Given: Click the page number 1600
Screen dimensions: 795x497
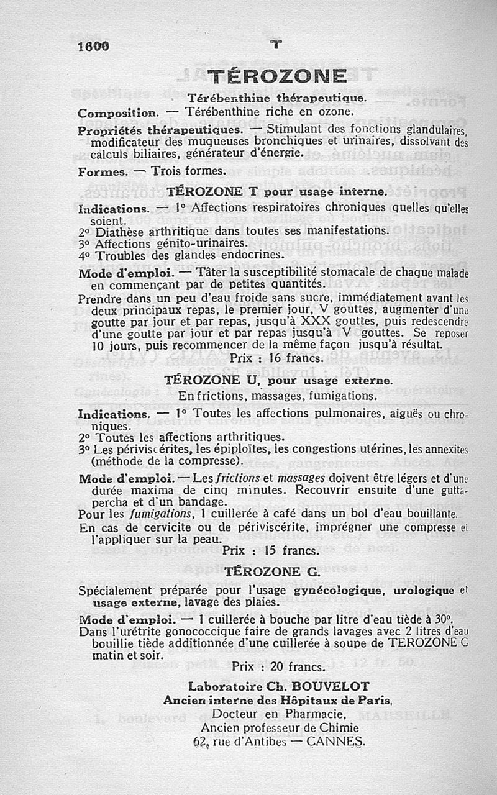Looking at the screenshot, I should [x=93, y=47].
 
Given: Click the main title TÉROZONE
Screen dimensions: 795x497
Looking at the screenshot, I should [x=276, y=76].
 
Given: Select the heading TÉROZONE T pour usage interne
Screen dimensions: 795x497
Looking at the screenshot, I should [x=277, y=193].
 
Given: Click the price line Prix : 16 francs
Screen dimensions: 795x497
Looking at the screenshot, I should [x=276, y=358].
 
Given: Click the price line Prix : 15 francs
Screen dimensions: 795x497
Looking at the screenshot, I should [x=271, y=550].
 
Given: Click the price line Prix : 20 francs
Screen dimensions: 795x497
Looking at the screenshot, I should [x=278, y=666].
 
